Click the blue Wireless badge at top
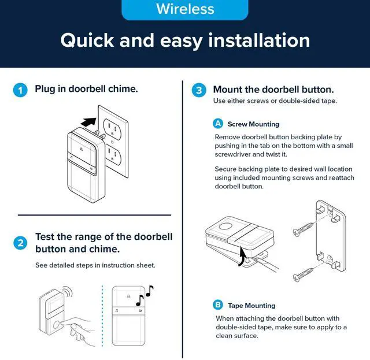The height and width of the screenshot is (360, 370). (185, 9)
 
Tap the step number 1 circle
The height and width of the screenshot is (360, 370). (20, 90)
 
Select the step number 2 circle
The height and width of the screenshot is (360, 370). (20, 243)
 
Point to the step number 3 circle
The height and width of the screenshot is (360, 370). (199, 90)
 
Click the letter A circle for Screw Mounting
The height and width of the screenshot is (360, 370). (218, 124)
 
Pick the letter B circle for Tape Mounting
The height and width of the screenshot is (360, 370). (218, 305)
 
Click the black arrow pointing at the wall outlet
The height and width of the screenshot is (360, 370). (89, 122)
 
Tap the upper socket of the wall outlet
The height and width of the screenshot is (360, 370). (113, 128)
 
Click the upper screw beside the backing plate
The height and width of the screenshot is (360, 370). (303, 228)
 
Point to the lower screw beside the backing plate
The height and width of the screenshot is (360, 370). (303, 274)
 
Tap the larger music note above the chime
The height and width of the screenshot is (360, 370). (140, 300)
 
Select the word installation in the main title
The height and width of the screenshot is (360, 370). (259, 40)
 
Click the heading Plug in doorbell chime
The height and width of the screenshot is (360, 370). (86, 89)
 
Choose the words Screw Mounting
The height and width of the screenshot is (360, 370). (253, 124)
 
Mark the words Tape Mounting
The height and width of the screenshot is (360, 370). (251, 306)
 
